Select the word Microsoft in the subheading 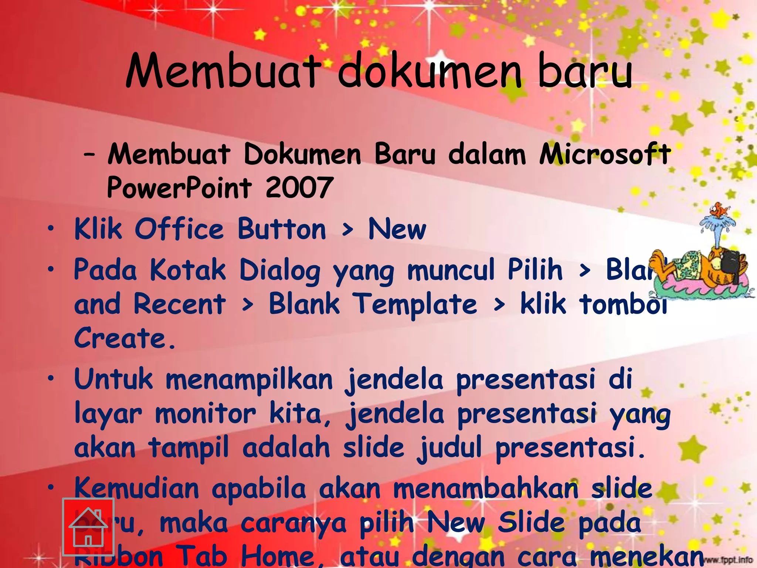tap(605, 154)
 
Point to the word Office tap(179, 229)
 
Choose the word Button tap(282, 229)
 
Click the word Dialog tap(280, 270)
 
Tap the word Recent tap(179, 304)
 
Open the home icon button tap(88, 527)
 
